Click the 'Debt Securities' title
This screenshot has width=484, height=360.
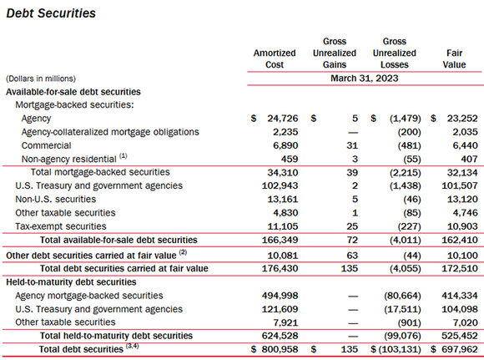(x=51, y=13)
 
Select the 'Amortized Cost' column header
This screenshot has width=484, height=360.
(x=275, y=58)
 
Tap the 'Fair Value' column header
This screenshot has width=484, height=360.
(x=454, y=58)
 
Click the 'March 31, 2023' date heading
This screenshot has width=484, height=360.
(x=364, y=78)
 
